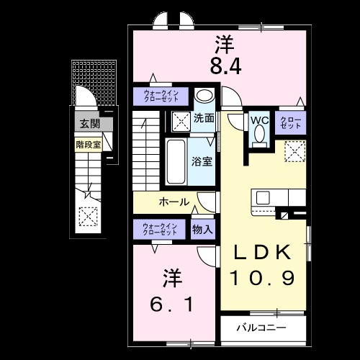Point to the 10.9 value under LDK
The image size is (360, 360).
pos(261,277)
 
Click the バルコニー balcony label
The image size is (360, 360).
pos(261,328)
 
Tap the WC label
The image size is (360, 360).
pos(259,120)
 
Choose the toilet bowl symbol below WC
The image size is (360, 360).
pos(259,135)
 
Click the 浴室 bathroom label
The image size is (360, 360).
pos(202,161)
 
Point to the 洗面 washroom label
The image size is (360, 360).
pos(204,117)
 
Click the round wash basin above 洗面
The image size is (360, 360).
pos(204,96)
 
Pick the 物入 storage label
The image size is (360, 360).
pos(202,230)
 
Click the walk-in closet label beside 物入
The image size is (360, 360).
pos(160,230)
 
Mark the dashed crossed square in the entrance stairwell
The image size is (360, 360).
pos(88,215)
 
